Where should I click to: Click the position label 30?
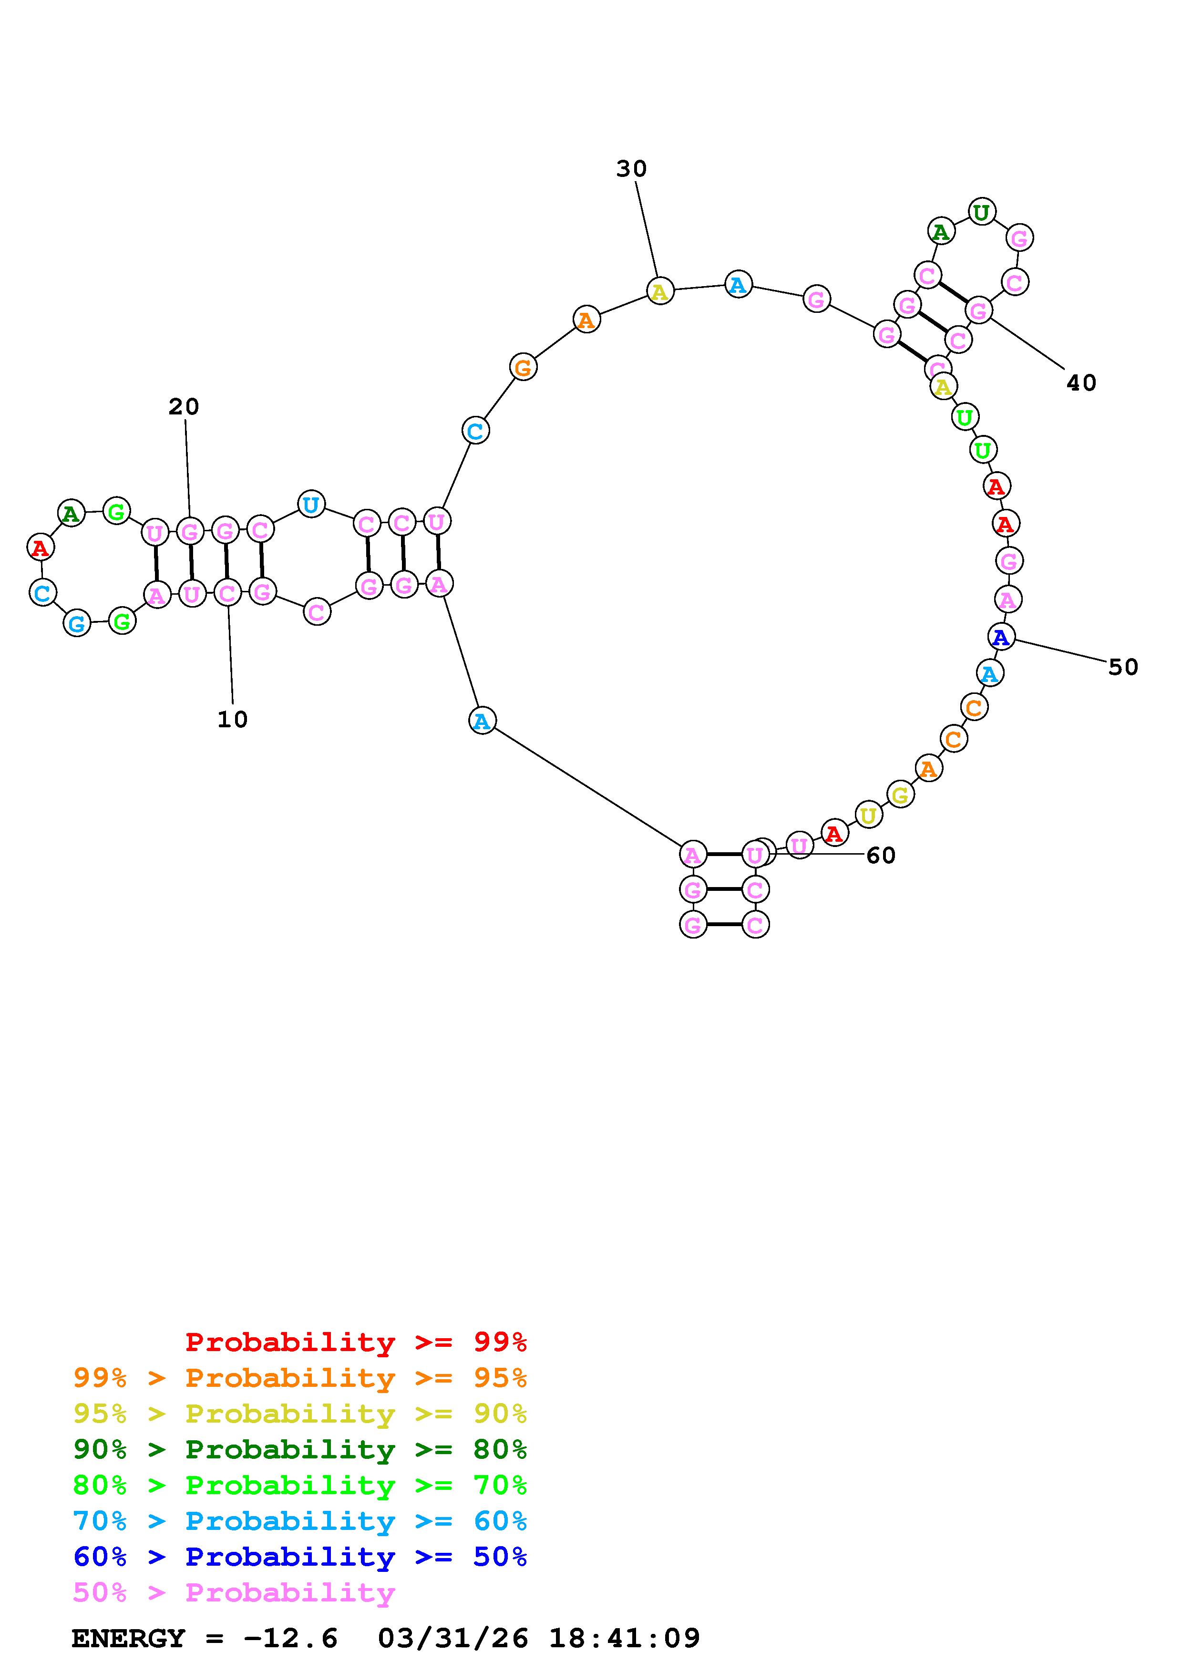(x=631, y=169)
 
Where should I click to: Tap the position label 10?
(x=232, y=720)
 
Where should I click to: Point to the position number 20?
(x=184, y=407)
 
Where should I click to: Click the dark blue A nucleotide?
(x=1001, y=637)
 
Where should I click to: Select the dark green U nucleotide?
(x=981, y=212)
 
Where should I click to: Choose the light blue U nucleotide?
(x=311, y=504)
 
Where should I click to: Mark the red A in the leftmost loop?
(x=40, y=547)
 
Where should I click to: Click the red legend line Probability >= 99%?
(x=356, y=1342)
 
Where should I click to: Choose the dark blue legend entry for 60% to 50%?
(x=300, y=1557)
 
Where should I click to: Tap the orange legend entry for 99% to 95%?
(x=300, y=1378)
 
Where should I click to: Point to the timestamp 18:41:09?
(x=624, y=1638)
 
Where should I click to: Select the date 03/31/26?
(x=453, y=1638)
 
